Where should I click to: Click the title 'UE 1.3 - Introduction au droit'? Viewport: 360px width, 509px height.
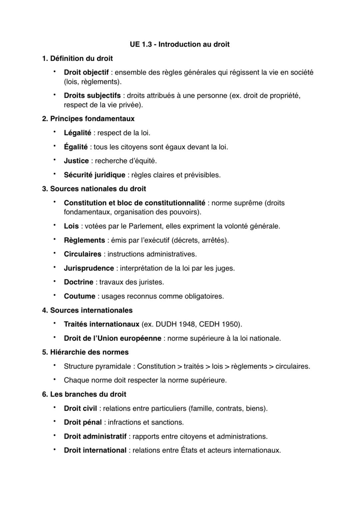click(x=180, y=44)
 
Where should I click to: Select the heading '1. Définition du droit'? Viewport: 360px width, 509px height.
click(x=77, y=59)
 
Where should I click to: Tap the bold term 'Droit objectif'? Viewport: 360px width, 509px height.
click(x=86, y=72)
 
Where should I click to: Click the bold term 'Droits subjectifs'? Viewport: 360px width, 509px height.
click(x=92, y=96)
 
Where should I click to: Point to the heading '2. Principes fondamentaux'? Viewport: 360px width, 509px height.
click(x=88, y=119)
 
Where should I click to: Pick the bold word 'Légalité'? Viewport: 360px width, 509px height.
click(x=77, y=133)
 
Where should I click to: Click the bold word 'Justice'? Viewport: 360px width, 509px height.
click(x=76, y=161)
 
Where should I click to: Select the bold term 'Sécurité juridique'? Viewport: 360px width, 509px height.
click(x=94, y=175)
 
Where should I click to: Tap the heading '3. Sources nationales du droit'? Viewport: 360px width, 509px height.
click(x=94, y=189)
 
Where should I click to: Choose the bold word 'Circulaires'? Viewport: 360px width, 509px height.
click(x=82, y=254)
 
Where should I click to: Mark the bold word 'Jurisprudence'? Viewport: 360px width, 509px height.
click(x=89, y=268)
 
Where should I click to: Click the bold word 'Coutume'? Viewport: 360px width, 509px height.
click(x=79, y=296)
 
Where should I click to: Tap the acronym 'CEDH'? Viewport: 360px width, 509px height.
click(x=210, y=324)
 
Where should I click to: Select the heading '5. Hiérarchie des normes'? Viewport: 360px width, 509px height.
click(x=85, y=352)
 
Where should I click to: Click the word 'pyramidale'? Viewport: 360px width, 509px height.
click(x=113, y=366)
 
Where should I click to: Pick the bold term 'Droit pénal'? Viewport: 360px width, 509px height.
click(x=83, y=422)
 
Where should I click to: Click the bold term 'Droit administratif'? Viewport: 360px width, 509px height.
click(x=95, y=436)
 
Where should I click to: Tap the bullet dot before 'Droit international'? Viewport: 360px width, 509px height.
click(x=53, y=450)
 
